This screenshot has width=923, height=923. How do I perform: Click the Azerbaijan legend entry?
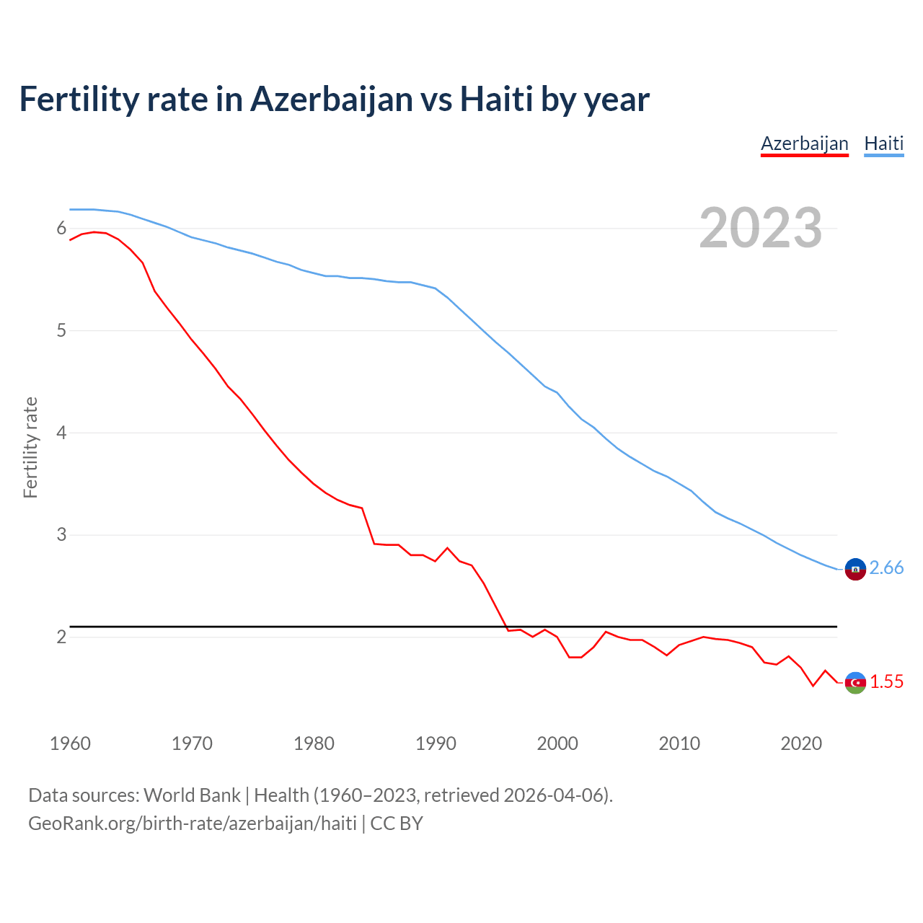click(804, 143)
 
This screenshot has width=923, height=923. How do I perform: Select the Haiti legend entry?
click(883, 143)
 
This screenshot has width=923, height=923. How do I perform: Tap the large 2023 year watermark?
click(760, 228)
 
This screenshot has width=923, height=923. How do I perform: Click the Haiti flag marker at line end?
click(855, 569)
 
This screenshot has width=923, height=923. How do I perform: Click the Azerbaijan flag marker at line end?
click(855, 682)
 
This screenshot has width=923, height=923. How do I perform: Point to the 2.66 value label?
click(886, 568)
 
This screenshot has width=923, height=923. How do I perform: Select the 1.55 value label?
click(886, 682)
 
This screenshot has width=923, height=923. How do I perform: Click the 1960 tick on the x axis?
click(70, 743)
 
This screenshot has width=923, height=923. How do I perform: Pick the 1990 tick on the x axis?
click(436, 743)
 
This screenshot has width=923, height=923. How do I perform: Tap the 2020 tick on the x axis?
click(801, 743)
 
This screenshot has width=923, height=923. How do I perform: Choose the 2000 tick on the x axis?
click(557, 743)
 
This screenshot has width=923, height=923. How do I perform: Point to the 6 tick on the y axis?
click(61, 229)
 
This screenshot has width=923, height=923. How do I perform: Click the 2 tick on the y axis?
click(61, 637)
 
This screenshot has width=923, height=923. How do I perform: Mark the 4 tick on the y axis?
click(61, 433)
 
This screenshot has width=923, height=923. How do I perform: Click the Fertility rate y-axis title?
click(30, 447)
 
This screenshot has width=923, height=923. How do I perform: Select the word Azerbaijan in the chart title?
click(331, 99)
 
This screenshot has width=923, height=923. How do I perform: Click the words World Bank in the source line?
click(192, 795)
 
